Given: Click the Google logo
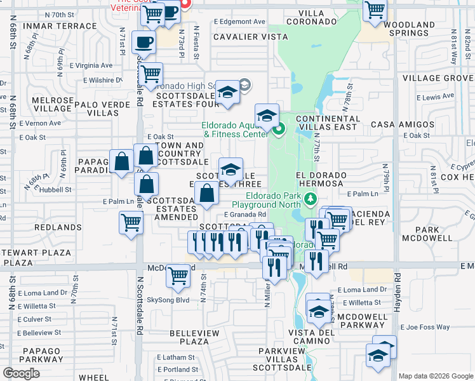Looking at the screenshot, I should point(22,373).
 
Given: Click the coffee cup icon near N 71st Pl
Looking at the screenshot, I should point(143,43).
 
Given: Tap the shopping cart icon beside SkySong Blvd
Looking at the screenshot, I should point(178,276).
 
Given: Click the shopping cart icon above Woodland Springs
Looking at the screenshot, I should point(375,10).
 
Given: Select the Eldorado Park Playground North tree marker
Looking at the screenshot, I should point(310,199).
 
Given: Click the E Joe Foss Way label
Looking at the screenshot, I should point(425,328).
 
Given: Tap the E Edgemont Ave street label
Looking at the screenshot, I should point(239,21).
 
